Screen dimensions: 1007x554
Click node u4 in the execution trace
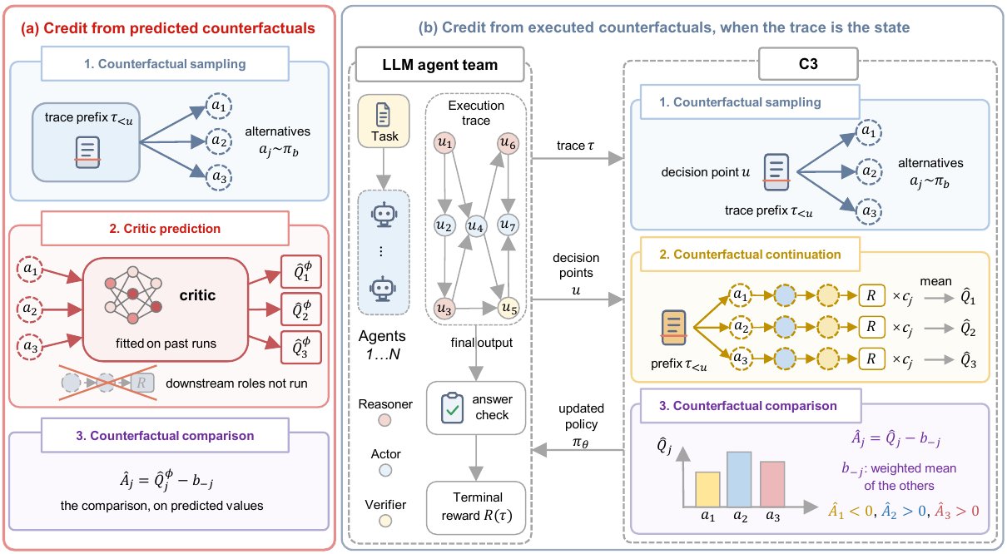coord(476,226)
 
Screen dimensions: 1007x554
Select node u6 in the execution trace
coord(508,143)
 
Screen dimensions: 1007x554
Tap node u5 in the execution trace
coord(508,308)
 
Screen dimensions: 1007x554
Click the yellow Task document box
coord(384,121)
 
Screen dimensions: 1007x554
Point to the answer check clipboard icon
coord(452,408)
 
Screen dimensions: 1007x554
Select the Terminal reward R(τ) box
coord(476,507)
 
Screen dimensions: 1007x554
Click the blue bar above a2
coord(739,479)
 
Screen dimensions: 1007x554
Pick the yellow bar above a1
coord(707,489)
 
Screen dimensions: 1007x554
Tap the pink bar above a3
coord(772,484)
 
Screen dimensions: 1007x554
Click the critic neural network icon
coord(133,294)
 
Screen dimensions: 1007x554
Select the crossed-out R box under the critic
coord(142,383)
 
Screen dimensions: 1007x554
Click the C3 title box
coord(808,64)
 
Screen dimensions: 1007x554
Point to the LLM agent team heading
coord(439,65)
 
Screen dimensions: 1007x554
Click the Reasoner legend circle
coord(384,420)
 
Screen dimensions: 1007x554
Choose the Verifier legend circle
coord(385,521)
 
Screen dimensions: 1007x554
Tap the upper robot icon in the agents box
coord(384,215)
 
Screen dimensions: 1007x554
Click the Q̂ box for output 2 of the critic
coord(301,309)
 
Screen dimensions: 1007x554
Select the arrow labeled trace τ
coord(578,158)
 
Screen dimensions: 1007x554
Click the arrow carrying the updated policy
coord(578,450)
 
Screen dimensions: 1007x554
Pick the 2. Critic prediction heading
coord(165,229)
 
